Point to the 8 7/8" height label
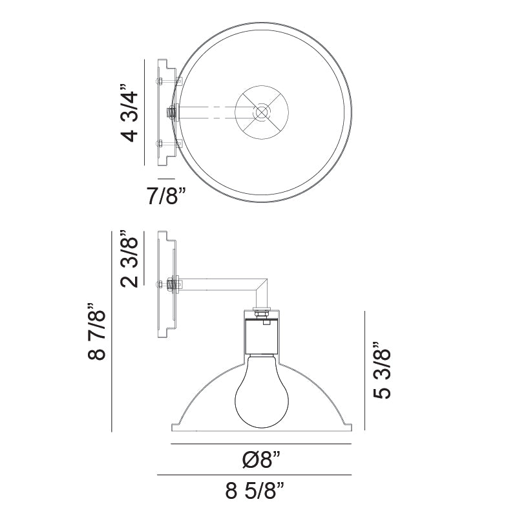click(96, 334)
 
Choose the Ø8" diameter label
click(261, 460)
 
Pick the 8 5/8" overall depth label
click(256, 492)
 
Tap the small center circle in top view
click(261, 112)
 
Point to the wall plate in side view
click(165, 284)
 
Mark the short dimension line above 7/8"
click(166, 177)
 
